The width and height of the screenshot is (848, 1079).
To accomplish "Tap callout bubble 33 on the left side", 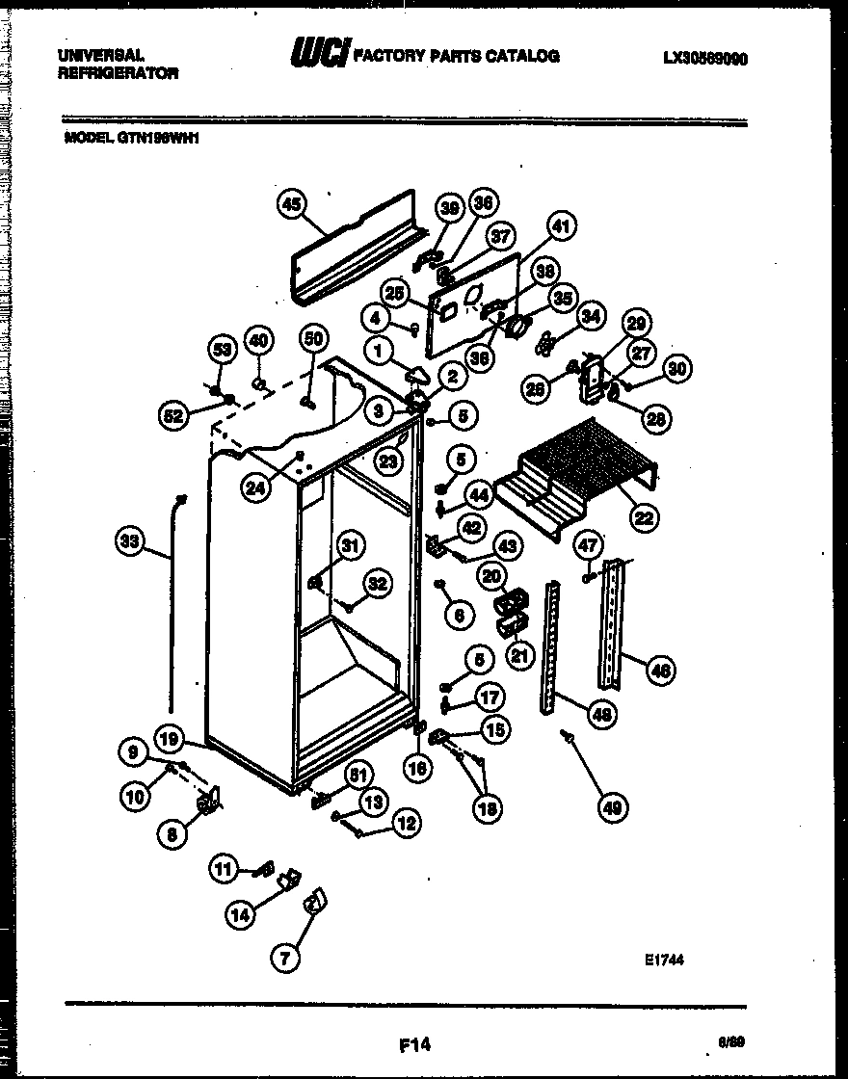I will click(130, 542).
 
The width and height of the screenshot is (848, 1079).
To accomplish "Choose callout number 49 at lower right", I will click(611, 809).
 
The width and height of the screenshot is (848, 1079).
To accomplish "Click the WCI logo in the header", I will click(319, 56).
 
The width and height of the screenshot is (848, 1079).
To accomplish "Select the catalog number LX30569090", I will click(705, 58).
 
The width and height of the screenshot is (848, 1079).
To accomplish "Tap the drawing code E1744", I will click(665, 960).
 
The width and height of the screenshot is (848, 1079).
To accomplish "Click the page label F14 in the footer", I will click(413, 1043).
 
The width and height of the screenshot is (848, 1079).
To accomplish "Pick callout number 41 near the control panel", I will click(561, 227).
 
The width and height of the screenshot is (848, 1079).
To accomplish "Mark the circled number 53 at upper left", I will click(223, 349).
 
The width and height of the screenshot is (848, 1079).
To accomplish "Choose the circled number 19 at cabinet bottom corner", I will click(170, 740).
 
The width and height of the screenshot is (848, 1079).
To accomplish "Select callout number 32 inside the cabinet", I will click(378, 584).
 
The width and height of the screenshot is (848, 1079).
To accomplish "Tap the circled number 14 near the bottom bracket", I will click(240, 915).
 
